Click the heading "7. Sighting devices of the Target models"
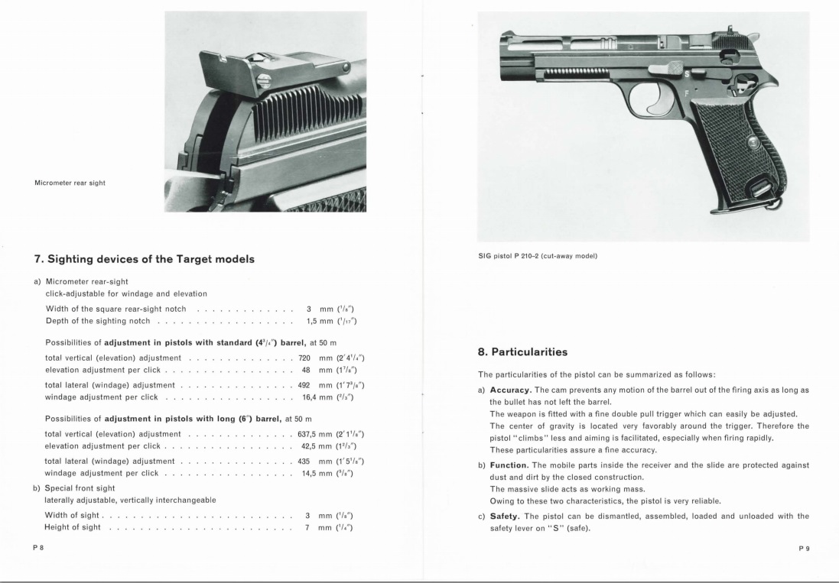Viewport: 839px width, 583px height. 144,259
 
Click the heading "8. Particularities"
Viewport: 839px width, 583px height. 522,352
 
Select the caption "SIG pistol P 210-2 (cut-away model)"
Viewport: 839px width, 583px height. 537,255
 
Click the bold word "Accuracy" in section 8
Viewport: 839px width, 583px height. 510,390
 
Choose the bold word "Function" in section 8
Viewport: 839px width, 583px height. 509,465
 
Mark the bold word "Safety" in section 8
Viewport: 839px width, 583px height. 505,516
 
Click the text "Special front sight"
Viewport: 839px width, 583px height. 80,487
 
